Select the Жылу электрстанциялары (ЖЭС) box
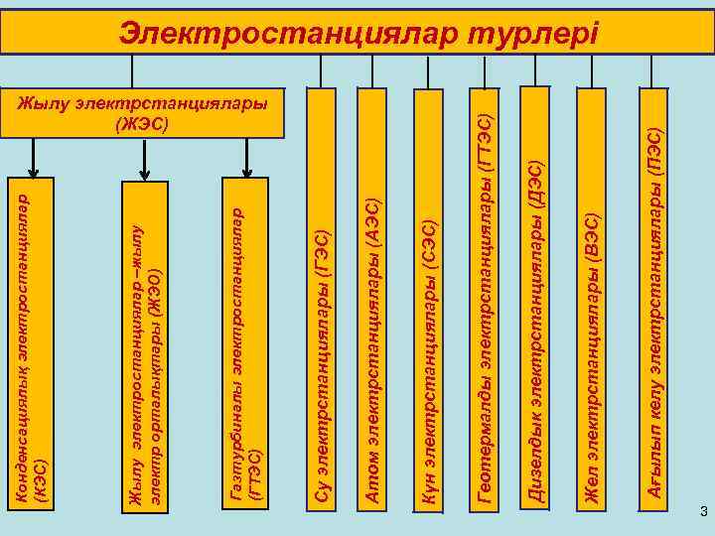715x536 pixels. tap(144, 115)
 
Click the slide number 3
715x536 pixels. tap(703, 512)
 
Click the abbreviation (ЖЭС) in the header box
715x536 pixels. tap(144, 125)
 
